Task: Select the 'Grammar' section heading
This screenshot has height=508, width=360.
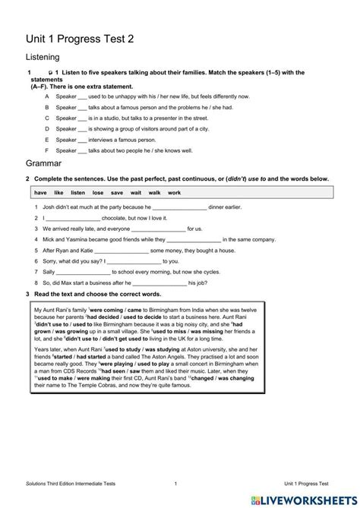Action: [x=44, y=162]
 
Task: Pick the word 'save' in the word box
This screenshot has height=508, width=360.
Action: [x=117, y=193]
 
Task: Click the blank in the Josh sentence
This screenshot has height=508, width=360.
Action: [x=180, y=207]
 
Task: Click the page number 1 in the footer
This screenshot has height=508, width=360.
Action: [x=175, y=483]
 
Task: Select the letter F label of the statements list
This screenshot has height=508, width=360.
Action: [x=47, y=151]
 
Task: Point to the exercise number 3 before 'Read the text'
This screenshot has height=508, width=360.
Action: [x=27, y=293]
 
